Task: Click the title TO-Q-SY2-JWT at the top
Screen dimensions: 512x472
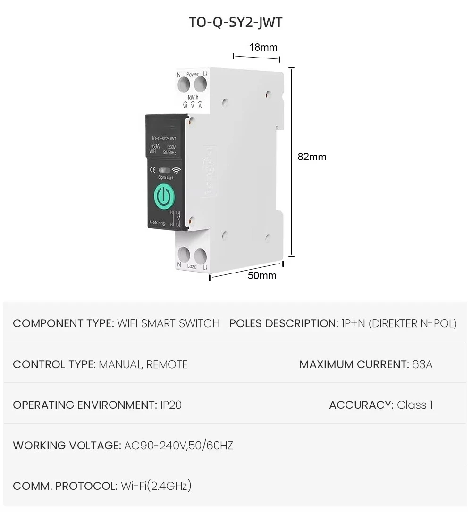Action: coord(236,22)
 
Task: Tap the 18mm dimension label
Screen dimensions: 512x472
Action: coord(263,47)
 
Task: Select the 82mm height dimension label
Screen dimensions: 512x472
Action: coord(312,157)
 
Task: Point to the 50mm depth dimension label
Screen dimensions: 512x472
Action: coord(262,276)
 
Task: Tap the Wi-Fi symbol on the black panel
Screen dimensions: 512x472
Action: coord(177,170)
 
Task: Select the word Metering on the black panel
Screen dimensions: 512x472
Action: coord(157,223)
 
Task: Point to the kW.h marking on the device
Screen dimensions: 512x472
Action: coord(193,97)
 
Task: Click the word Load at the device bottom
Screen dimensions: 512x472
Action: coord(192,266)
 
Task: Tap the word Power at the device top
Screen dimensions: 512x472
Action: coord(192,74)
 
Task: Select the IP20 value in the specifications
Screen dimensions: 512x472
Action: coord(169,405)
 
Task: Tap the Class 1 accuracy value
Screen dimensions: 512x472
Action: coord(415,405)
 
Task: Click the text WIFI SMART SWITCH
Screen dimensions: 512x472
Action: coord(169,323)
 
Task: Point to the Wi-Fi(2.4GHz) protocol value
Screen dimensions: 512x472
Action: coord(156,486)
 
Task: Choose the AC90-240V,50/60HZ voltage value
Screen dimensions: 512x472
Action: coord(178,446)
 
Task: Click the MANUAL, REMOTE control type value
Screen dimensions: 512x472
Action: coord(143,364)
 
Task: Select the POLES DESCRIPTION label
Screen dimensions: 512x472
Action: coord(283,323)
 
